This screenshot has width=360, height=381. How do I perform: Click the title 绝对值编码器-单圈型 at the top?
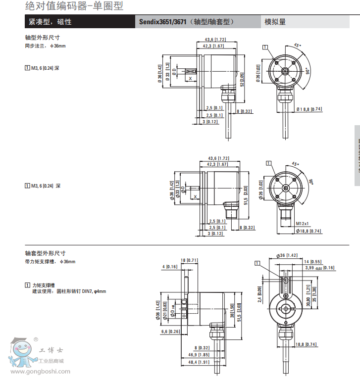pyautogui.click(x=73, y=6)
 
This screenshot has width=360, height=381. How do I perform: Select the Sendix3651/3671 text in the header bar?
pyautogui.click(x=162, y=22)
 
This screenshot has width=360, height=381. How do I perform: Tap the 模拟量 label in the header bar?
pyautogui.click(x=275, y=22)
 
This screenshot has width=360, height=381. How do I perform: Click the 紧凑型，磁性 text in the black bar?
pyautogui.click(x=50, y=22)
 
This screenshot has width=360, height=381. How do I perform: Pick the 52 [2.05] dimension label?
pyautogui.click(x=242, y=79)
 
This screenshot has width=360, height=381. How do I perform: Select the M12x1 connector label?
pyautogui.click(x=302, y=223)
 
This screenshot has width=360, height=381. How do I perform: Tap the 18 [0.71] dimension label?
pyautogui.click(x=189, y=260)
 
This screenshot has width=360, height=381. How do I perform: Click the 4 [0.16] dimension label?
pyautogui.click(x=170, y=267)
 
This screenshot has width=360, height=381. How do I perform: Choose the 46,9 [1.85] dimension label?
pyautogui.click(x=198, y=355)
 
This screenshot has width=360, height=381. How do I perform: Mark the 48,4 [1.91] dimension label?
pyautogui.click(x=198, y=362)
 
